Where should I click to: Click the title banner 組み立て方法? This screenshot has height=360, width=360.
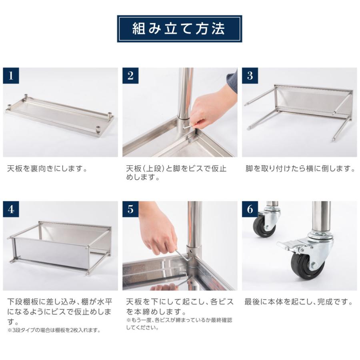coord(179,29)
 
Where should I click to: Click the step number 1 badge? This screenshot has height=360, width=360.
coord(11,76)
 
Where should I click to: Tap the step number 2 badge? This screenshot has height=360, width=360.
coord(130,76)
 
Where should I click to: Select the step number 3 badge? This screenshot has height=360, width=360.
coord(250,76)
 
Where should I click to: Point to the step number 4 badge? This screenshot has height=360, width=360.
coord(11,209)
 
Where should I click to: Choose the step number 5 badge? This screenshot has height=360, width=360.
coord(130,209)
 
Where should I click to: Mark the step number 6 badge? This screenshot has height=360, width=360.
coord(250,209)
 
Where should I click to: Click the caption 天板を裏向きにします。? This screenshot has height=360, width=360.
coord(47,168)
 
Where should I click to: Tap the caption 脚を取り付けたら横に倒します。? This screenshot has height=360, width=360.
coord(300,168)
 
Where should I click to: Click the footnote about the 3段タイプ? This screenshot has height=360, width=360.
coord(54,330)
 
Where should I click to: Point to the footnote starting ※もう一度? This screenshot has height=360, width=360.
coord(179,324)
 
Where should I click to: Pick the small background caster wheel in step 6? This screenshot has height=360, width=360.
coord(262,226)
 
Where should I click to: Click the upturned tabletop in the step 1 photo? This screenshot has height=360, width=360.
coord(60,118)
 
